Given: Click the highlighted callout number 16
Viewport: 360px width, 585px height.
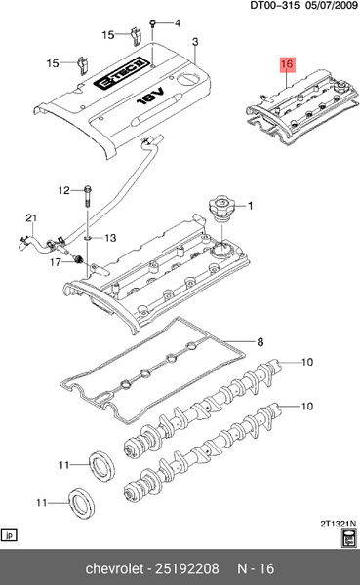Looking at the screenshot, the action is pyautogui.click(x=287, y=64).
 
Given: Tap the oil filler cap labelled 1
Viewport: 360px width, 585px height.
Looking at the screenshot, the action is pyautogui.click(x=222, y=207).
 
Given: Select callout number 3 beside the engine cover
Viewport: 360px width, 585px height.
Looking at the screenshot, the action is pyautogui.click(x=195, y=42).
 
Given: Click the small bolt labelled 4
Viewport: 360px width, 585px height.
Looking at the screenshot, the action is pyautogui.click(x=153, y=23).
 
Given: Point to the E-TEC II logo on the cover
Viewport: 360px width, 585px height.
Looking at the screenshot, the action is pyautogui.click(x=118, y=73).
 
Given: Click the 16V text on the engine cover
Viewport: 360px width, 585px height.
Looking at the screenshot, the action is pyautogui.click(x=151, y=96).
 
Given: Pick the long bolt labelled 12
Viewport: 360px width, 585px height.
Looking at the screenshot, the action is pyautogui.click(x=88, y=196).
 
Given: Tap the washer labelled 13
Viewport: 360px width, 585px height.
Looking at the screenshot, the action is pyautogui.click(x=87, y=237).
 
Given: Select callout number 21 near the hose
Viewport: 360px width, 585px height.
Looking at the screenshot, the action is pyautogui.click(x=31, y=217).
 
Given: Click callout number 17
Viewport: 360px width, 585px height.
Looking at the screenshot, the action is pyautogui.click(x=56, y=262).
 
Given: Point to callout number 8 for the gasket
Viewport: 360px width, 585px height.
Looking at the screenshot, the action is pyautogui.click(x=260, y=342).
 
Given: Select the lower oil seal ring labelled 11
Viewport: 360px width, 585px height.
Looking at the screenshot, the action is pyautogui.click(x=81, y=502).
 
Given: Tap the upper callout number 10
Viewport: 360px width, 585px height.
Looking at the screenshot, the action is pyautogui.click(x=307, y=362).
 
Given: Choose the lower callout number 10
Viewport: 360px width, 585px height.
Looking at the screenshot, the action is pyautogui.click(x=307, y=406).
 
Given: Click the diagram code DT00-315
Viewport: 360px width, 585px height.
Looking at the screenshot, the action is pyautogui.click(x=274, y=6).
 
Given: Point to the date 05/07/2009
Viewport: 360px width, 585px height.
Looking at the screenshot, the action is pyautogui.click(x=332, y=6).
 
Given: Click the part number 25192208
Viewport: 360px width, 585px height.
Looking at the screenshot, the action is pyautogui.click(x=187, y=568).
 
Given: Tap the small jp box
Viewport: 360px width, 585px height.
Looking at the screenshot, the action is pyautogui.click(x=10, y=535).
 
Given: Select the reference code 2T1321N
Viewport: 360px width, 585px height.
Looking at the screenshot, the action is pyautogui.click(x=338, y=524).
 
